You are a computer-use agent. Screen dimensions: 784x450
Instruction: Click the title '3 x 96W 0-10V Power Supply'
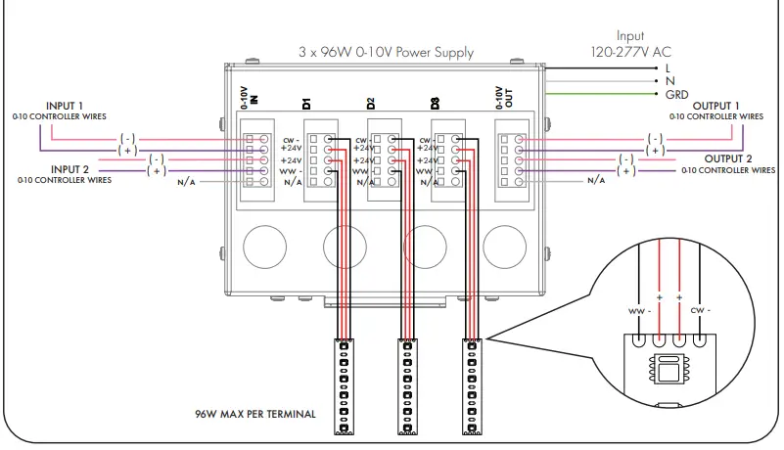[386, 53]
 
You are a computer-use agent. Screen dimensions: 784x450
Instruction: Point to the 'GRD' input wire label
[676, 95]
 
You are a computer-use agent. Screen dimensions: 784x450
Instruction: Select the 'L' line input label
[668, 68]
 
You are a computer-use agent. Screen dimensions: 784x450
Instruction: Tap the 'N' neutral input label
[670, 81]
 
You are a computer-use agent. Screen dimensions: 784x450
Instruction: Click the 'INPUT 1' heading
[65, 106]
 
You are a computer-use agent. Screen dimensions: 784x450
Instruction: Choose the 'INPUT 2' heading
[70, 169]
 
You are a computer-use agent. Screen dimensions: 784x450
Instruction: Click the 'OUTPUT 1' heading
[715, 106]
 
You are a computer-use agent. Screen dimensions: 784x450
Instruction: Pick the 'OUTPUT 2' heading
[728, 159]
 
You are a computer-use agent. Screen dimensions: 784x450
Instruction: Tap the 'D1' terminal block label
[306, 104]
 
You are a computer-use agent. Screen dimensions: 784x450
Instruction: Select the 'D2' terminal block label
[371, 104]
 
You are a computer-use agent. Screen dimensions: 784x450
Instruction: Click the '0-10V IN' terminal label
[249, 98]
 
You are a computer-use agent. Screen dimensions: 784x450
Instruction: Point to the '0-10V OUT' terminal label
[504, 98]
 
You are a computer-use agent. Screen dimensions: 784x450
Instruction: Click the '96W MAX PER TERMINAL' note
[255, 414]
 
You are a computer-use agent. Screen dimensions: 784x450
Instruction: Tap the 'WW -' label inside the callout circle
[639, 311]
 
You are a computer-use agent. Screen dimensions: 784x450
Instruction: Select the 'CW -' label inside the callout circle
[701, 310]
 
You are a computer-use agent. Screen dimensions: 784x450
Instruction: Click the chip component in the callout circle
[669, 369]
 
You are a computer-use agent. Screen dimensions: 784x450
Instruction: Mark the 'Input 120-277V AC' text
[630, 44]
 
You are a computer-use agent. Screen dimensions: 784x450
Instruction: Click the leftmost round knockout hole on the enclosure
[265, 247]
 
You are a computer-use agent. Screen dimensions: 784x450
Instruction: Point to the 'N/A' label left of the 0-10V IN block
[186, 182]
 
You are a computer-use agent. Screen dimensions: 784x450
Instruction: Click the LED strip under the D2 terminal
[407, 386]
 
